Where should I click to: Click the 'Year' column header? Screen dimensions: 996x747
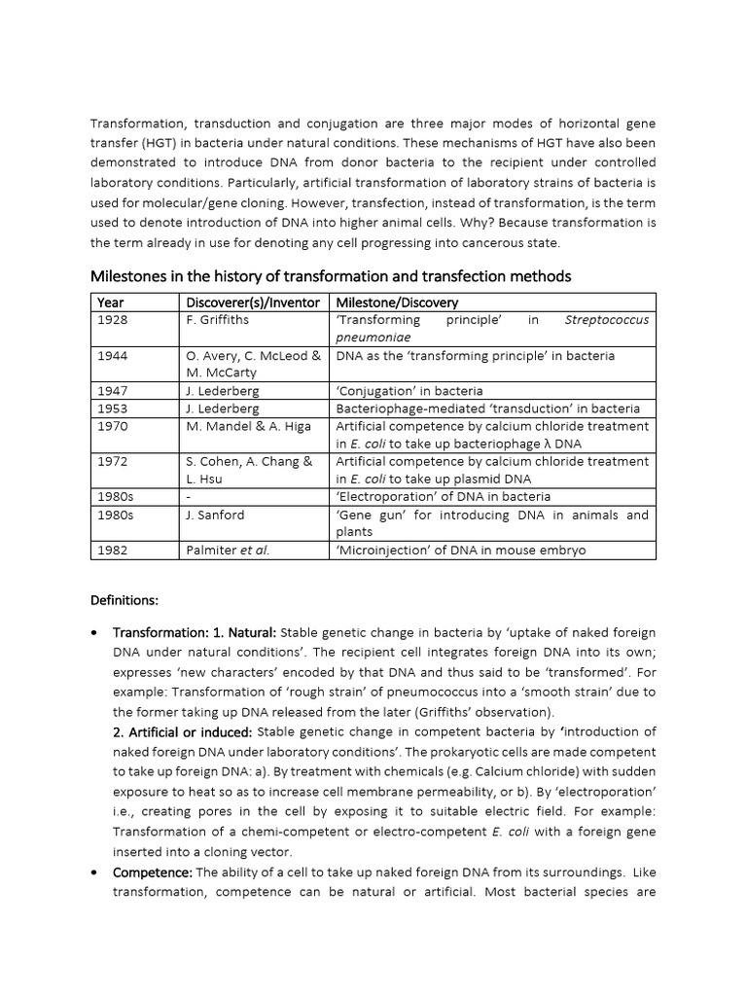[x=110, y=302]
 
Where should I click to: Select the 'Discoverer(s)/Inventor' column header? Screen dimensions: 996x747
[x=253, y=302]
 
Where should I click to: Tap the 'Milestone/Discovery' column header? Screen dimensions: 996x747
[x=397, y=302]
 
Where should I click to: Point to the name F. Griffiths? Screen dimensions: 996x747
[x=218, y=320]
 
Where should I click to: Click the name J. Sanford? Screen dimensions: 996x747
[x=215, y=515]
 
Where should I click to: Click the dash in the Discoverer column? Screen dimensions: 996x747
[x=189, y=497]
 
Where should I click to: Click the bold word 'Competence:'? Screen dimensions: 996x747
[x=153, y=871]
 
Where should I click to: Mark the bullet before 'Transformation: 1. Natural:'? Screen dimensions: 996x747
[x=93, y=632]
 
